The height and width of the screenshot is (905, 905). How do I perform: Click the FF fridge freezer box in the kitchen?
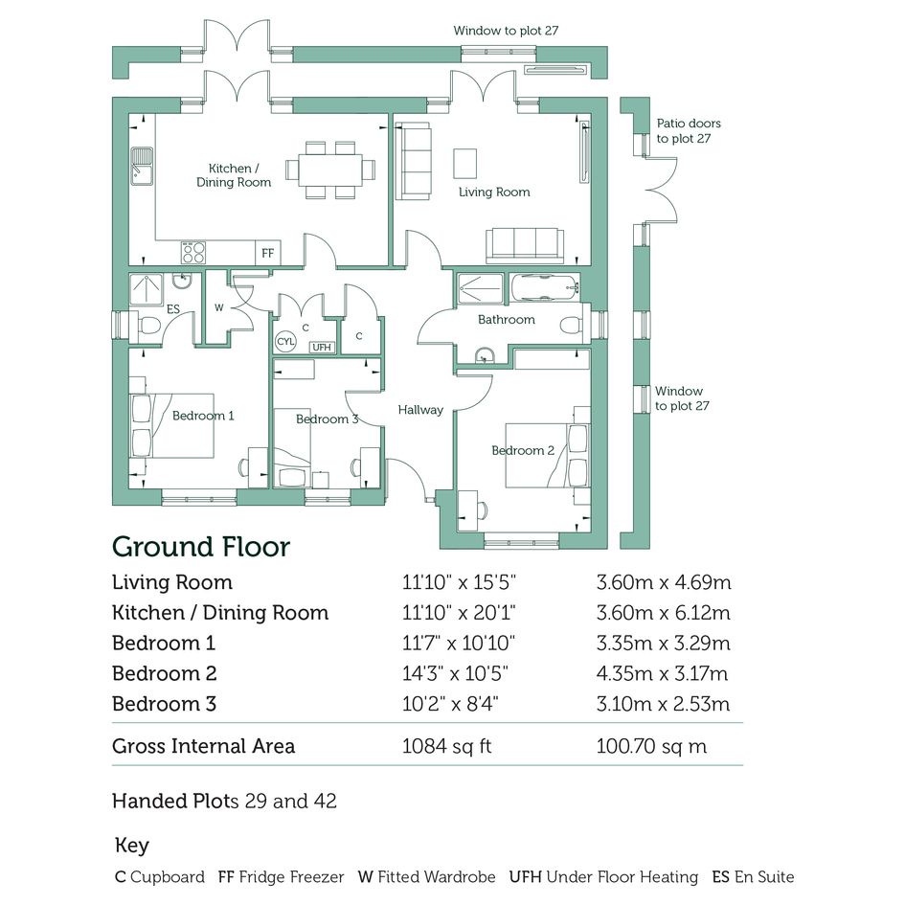point(268,253)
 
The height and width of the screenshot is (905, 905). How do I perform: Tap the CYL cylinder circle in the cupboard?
point(285,341)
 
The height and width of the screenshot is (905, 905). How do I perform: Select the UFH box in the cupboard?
point(322,347)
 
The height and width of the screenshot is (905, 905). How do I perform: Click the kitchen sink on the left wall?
point(142,167)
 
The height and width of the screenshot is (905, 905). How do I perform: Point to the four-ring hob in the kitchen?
point(193,252)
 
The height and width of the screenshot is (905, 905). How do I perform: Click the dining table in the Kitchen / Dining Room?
point(330,170)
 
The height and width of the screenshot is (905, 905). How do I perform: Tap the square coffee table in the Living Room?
point(465,164)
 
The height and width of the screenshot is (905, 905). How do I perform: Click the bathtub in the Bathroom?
point(544,287)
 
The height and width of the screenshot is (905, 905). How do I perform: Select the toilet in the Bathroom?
point(571,325)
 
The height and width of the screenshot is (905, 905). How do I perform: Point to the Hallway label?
point(420,410)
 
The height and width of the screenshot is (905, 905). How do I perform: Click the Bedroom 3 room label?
point(328,419)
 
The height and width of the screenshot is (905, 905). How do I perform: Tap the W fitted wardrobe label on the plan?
point(218,307)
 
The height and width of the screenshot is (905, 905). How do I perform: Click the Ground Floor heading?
point(201,547)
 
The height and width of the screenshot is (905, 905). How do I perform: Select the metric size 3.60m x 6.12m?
point(663,612)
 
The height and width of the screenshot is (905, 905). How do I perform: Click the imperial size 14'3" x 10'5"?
point(455,673)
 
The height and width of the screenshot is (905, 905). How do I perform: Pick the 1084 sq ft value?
point(446,746)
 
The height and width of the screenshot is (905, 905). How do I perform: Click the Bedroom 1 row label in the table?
point(164,643)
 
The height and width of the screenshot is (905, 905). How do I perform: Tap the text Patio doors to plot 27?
point(689,130)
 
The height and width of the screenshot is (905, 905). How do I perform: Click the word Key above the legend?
point(131,846)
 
